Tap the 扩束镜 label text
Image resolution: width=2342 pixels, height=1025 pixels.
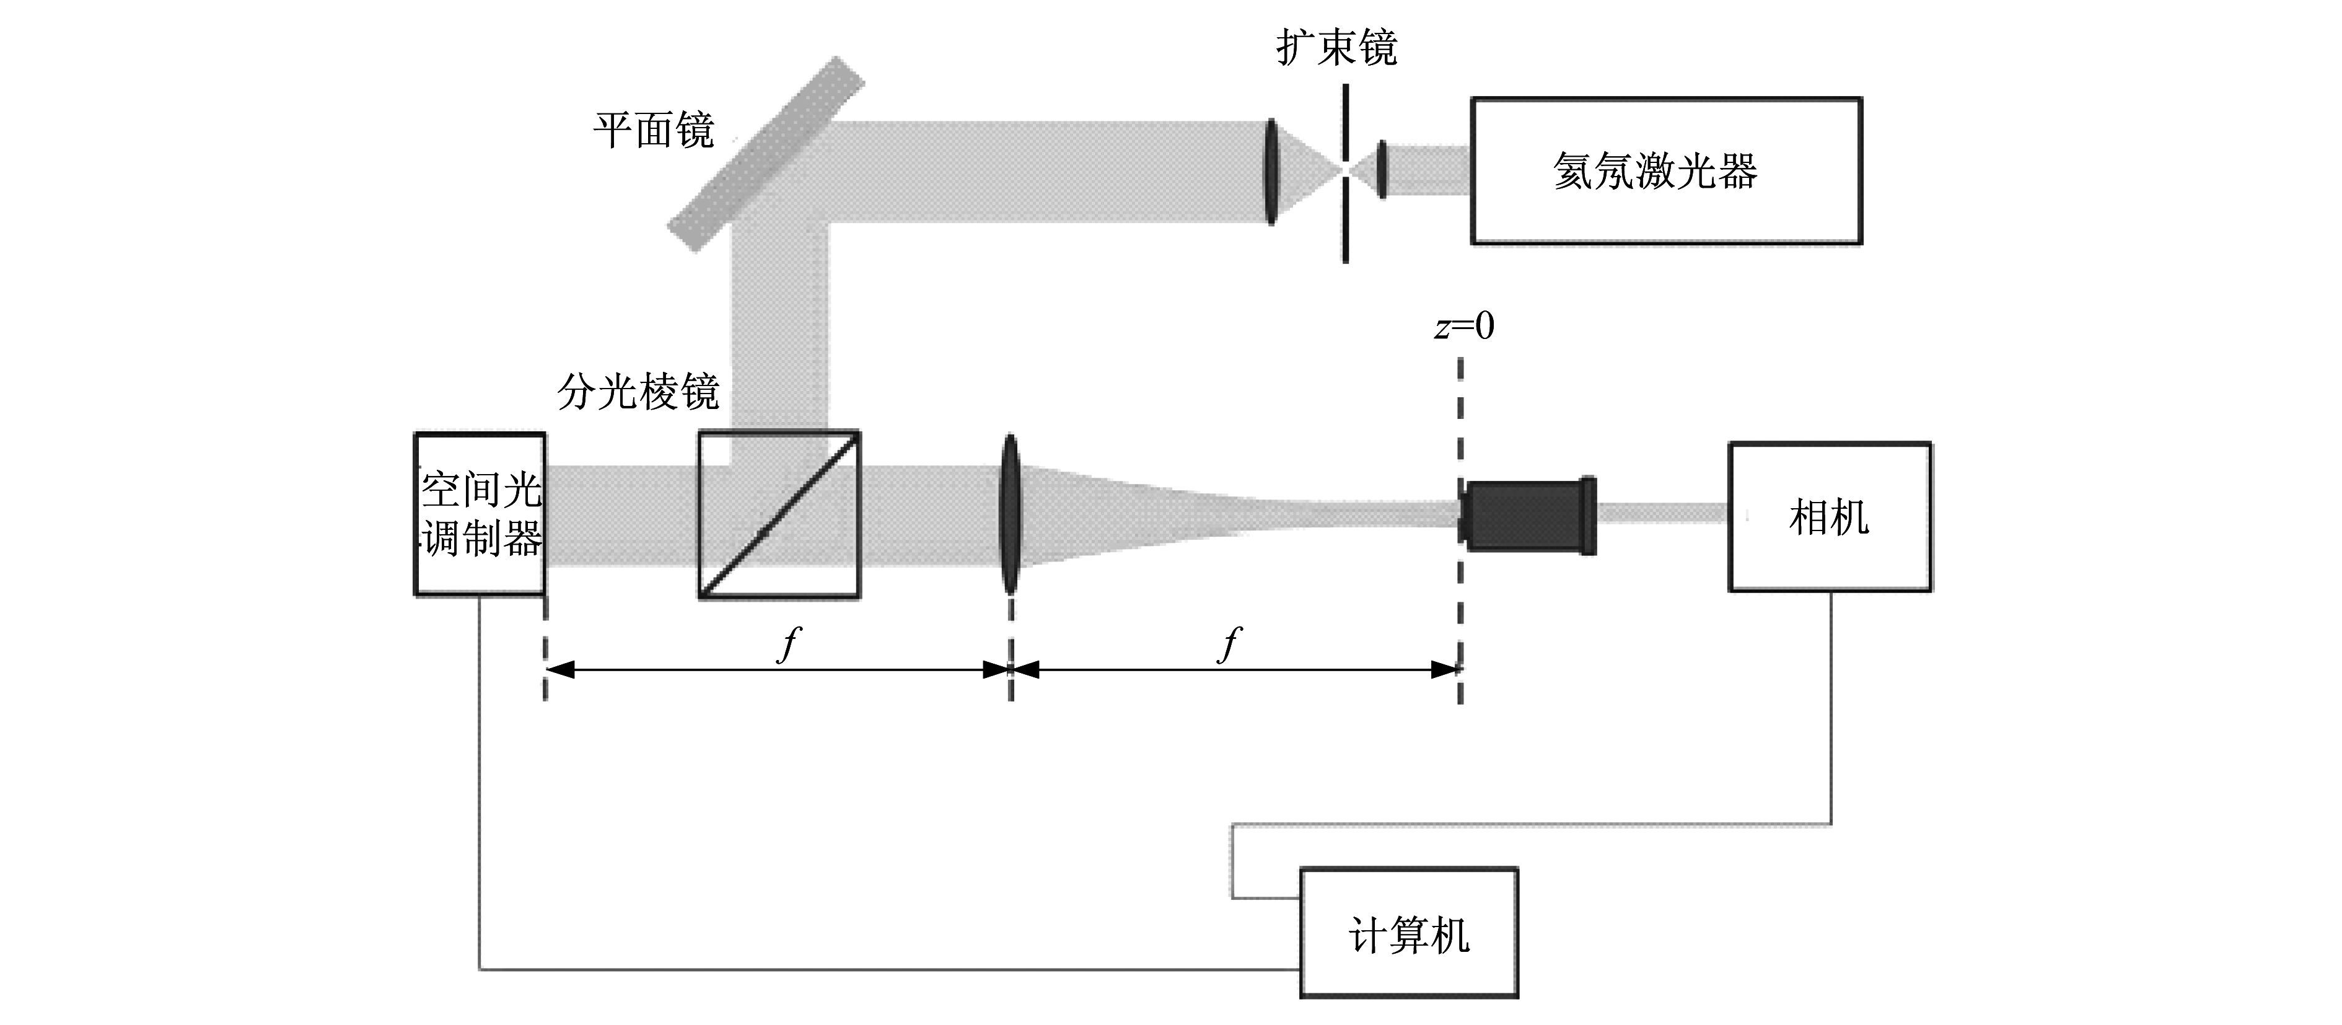point(1336,47)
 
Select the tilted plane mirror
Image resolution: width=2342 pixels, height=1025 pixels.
point(766,154)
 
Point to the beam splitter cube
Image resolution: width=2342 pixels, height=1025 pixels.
point(779,514)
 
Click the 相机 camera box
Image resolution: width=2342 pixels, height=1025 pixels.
point(1829,517)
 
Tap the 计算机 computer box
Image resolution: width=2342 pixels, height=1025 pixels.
point(1408,932)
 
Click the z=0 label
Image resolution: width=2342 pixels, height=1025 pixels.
point(1463,325)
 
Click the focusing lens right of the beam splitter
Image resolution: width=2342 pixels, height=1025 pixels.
point(1009,514)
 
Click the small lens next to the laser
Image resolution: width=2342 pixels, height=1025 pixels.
point(1382,169)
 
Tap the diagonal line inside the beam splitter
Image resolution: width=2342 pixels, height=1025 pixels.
point(779,514)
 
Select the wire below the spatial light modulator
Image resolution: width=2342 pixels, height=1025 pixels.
point(888,969)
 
